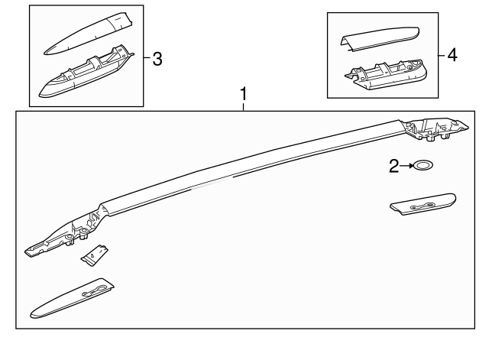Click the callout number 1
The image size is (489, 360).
click(244, 95)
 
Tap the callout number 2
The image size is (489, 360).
click(394, 166)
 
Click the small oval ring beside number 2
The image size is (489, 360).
click(423, 166)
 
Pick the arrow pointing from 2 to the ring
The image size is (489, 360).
click(407, 166)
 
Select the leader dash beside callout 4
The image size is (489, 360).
click(442, 56)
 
